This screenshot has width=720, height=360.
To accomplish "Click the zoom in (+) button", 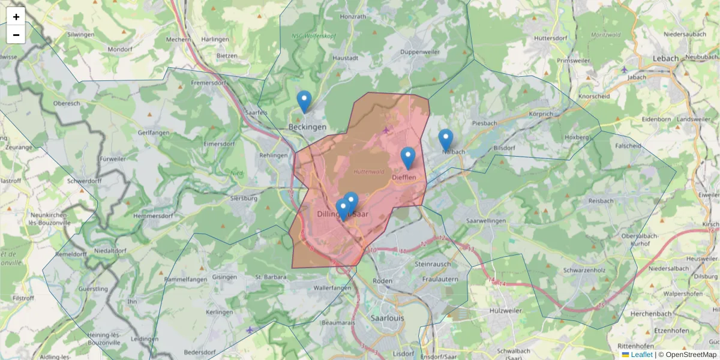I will [16, 16].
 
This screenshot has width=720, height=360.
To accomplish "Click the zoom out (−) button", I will [16, 35].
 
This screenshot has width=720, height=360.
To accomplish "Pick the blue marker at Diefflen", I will [408, 158].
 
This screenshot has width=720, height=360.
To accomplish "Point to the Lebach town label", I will [665, 58].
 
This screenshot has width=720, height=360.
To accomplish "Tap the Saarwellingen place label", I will [486, 221].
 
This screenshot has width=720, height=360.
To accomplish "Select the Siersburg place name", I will [244, 197].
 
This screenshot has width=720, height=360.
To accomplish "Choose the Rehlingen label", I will [274, 155].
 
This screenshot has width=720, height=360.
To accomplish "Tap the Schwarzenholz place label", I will [583, 271].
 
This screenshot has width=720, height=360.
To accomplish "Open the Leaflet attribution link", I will [641, 355].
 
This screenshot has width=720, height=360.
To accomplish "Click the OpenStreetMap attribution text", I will [691, 355].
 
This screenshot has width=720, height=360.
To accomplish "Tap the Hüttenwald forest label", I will [368, 172].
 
